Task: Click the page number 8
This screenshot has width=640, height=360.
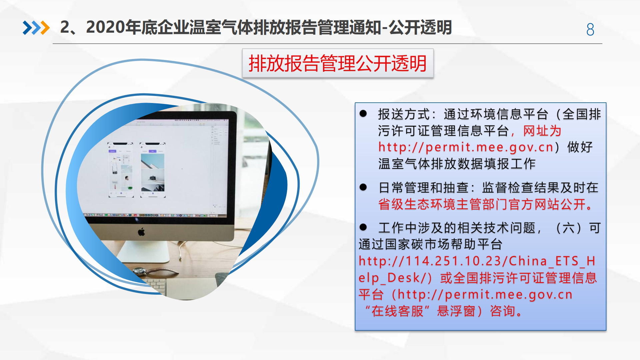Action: coord(590,29)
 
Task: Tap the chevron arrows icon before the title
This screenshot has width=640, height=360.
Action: coord(36,28)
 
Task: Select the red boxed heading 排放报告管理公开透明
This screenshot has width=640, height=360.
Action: coord(338,63)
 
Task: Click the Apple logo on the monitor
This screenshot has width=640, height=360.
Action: coord(141,232)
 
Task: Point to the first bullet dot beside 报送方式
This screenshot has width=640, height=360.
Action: coord(363,114)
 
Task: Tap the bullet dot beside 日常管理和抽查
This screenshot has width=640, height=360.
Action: coord(363,187)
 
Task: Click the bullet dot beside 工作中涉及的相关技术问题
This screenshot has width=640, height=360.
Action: coord(363,228)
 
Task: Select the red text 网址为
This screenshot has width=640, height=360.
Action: coord(542,131)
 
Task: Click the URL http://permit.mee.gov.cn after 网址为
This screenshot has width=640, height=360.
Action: coord(466,147)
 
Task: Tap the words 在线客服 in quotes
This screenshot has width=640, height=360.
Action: coord(397,311)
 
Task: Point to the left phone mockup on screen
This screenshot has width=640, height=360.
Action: coord(121,170)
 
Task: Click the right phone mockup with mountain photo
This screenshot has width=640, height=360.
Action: coord(153,170)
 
